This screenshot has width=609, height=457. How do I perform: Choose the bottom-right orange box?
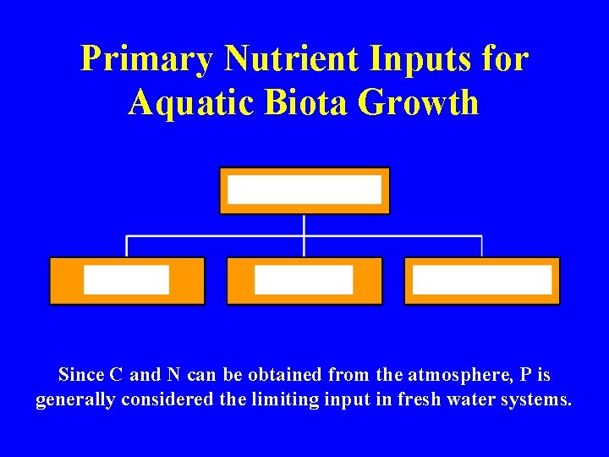482,296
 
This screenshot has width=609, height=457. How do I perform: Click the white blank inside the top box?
304,190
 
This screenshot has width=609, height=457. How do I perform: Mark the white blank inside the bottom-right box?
482,279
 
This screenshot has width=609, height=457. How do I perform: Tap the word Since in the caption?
81,374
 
